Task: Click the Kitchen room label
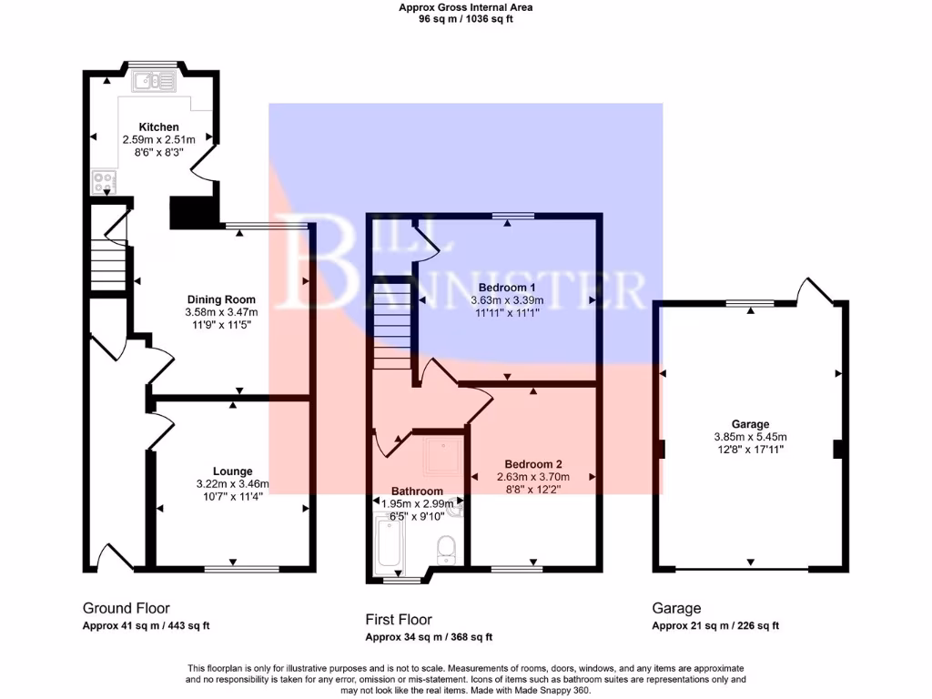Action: [x=158, y=127]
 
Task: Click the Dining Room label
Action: [x=221, y=299]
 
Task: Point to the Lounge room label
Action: [x=232, y=471]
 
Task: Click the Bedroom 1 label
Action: [x=507, y=288]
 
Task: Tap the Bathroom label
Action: [x=418, y=490]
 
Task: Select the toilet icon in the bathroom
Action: [x=447, y=549]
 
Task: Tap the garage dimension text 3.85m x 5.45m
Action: [x=750, y=436]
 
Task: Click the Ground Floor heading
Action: [x=127, y=608]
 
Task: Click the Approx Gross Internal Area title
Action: [x=466, y=7]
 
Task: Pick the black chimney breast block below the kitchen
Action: [x=193, y=212]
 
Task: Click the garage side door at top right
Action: [x=815, y=291]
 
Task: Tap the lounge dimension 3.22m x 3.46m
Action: [x=232, y=484]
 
